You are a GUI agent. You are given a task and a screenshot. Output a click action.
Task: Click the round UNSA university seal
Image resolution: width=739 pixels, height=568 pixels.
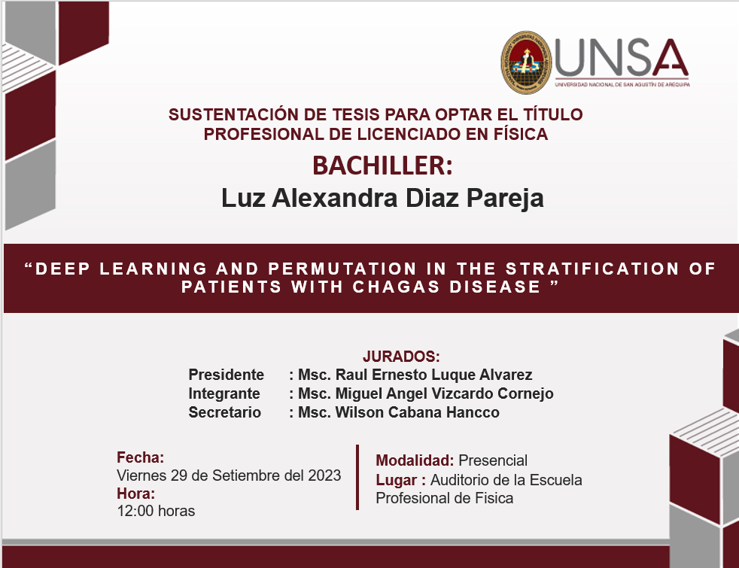click(527, 62)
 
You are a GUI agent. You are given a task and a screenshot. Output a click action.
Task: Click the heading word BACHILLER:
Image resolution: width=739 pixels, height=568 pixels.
click(382, 166)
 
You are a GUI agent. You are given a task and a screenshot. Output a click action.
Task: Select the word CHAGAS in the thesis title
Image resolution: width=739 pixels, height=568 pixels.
click(397, 287)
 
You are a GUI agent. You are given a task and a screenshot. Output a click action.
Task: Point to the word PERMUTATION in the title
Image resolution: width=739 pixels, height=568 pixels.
click(342, 269)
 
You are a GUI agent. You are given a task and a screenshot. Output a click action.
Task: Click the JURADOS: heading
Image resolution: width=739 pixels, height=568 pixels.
click(401, 357)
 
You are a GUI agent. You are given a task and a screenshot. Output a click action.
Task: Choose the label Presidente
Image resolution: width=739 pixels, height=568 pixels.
click(227, 375)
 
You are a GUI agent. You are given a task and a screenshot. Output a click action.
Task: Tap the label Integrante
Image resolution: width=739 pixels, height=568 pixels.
click(224, 393)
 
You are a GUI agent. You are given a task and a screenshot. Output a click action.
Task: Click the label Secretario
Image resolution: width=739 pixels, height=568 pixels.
click(225, 412)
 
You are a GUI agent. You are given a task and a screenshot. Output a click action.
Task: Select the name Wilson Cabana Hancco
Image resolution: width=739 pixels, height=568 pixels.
click(417, 412)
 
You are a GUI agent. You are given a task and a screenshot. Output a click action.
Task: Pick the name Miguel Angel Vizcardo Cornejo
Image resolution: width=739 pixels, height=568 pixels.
click(444, 393)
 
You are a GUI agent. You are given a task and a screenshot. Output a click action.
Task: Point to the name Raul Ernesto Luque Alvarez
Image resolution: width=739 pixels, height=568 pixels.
click(433, 375)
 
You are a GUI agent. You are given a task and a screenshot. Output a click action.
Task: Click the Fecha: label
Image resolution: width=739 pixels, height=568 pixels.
click(141, 457)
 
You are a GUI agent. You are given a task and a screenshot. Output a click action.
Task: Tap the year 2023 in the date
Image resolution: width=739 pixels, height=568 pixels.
click(324, 475)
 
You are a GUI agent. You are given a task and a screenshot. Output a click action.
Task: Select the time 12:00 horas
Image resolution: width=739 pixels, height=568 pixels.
click(156, 511)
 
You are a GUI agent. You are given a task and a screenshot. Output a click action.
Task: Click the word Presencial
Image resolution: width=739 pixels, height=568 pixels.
click(493, 460)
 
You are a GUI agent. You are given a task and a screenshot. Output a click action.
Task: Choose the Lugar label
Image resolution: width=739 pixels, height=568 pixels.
click(397, 481)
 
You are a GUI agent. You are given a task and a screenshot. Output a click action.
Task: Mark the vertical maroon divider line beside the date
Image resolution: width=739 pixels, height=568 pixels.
click(357, 477)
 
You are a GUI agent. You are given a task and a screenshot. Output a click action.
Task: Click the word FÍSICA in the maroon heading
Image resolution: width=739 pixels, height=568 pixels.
click(520, 134)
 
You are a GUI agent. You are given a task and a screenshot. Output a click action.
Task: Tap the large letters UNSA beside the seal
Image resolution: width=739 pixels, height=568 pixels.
click(621, 57)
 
